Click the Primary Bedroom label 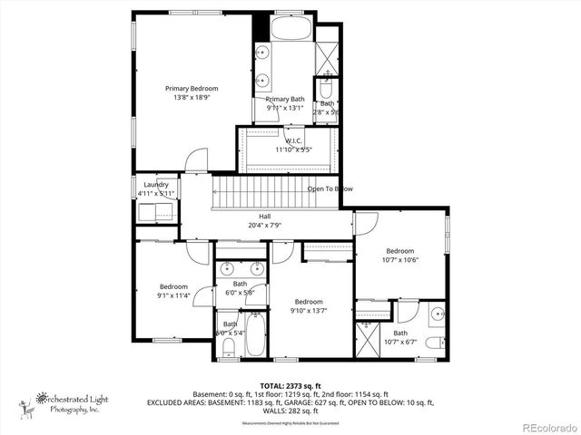click(192, 89)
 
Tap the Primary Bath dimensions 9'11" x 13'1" click(285, 109)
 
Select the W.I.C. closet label click(293, 140)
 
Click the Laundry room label click(155, 184)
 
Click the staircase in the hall click(260, 194)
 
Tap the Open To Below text click(330, 188)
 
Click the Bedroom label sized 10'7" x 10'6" click(399, 251)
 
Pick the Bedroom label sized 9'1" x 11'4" click(173, 286)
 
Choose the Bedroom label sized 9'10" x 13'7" click(308, 302)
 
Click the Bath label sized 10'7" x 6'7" click(400, 333)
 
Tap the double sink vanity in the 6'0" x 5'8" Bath click(241, 268)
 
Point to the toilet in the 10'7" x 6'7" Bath click(433, 342)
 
